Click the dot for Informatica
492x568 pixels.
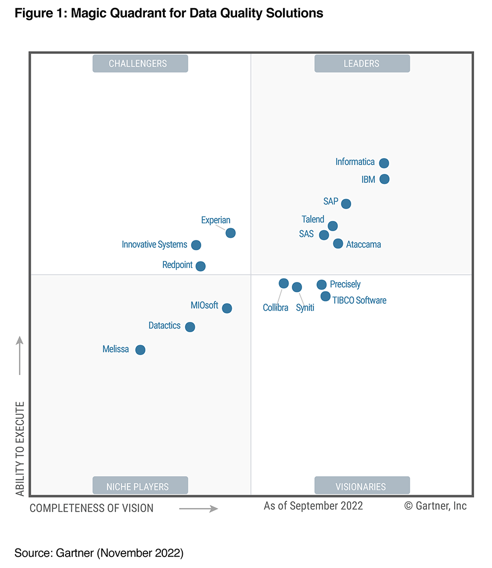click(x=384, y=163)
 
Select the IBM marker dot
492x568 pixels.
click(x=384, y=179)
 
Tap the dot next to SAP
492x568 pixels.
click(x=346, y=204)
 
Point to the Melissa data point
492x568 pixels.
click(x=140, y=350)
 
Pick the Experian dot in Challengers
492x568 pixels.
click(x=231, y=233)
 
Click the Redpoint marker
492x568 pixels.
click(x=201, y=266)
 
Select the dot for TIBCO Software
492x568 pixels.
click(x=326, y=296)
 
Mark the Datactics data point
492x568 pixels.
click(x=190, y=327)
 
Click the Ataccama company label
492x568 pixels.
click(x=363, y=245)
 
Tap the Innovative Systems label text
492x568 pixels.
click(x=154, y=245)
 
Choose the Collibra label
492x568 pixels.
click(x=276, y=308)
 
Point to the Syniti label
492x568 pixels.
click(x=305, y=308)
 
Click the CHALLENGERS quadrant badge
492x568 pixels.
click(x=140, y=64)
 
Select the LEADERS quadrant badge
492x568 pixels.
click(x=362, y=64)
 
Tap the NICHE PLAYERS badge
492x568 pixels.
click(x=140, y=486)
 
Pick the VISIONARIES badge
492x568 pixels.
click(x=362, y=486)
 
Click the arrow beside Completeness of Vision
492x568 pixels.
click(x=199, y=509)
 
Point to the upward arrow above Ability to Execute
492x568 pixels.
click(x=20, y=355)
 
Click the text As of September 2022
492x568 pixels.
click(x=313, y=506)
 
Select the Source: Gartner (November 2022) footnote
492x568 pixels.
click(x=99, y=553)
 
